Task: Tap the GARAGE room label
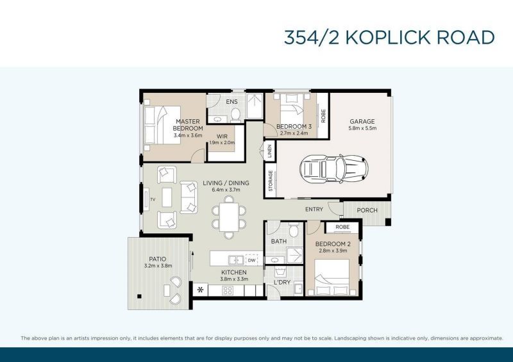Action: coord(362,122)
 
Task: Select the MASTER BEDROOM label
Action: coord(188,124)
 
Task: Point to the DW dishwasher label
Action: coord(251,260)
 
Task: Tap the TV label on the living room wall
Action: coord(153,200)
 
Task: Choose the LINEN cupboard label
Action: coord(269,152)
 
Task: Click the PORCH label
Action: coord(367,210)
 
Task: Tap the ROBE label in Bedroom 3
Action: coord(323,116)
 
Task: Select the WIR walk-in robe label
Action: coord(223,136)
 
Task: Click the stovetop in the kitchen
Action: coord(228,290)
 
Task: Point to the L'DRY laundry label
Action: coord(282,282)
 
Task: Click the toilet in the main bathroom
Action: coord(294,231)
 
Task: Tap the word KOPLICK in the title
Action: coord(387,37)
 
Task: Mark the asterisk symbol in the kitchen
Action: coord(201,290)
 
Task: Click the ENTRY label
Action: coord(314,210)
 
